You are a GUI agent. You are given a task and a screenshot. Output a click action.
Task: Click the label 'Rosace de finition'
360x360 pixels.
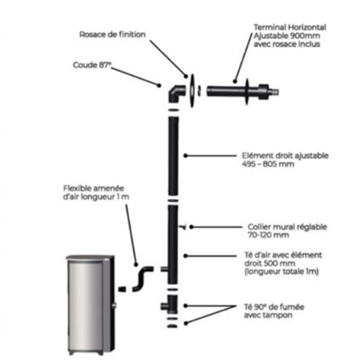pyautogui.click(x=112, y=34)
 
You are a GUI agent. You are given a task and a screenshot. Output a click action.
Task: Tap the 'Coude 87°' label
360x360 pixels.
pyautogui.click(x=92, y=65)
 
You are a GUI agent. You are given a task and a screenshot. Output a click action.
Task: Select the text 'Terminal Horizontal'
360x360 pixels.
pyautogui.click(x=290, y=27)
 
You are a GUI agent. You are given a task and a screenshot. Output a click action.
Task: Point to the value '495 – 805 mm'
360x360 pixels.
pyautogui.click(x=268, y=164)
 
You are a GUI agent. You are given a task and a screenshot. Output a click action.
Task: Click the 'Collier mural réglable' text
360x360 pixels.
pyautogui.click(x=288, y=227)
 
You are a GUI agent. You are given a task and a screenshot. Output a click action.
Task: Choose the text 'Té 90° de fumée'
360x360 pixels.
pyautogui.click(x=274, y=307)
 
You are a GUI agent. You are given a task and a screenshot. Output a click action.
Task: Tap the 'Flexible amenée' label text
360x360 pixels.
pyautogui.click(x=93, y=188)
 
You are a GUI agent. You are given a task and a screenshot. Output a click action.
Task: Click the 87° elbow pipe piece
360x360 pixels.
pyautogui.click(x=175, y=93)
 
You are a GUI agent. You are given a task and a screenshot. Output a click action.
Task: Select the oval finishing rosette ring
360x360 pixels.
pyautogui.click(x=192, y=91)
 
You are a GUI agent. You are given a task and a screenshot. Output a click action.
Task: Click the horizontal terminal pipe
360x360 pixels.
pyautogui.click(x=243, y=92)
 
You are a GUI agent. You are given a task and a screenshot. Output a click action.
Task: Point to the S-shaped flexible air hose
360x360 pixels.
pyautogui.click(x=143, y=279)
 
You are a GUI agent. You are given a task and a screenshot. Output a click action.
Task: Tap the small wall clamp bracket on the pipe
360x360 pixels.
pyautogui.click(x=182, y=227)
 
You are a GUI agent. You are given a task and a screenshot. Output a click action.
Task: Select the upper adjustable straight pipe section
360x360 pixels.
pyautogui.click(x=174, y=156)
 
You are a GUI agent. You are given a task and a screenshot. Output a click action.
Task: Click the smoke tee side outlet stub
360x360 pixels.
pyautogui.click(x=164, y=306)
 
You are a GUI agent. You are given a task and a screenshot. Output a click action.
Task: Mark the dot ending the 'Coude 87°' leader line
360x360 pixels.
pyautogui.click(x=159, y=85)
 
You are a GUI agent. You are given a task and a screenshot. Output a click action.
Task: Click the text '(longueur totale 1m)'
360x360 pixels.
pyautogui.click(x=281, y=272)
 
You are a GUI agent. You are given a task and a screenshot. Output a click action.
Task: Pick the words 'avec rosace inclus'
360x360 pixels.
pyautogui.click(x=287, y=44)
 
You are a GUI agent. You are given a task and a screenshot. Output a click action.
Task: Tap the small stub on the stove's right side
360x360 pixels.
pyautogui.click(x=115, y=305)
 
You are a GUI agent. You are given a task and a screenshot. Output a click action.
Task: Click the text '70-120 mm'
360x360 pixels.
pyautogui.click(x=268, y=235)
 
